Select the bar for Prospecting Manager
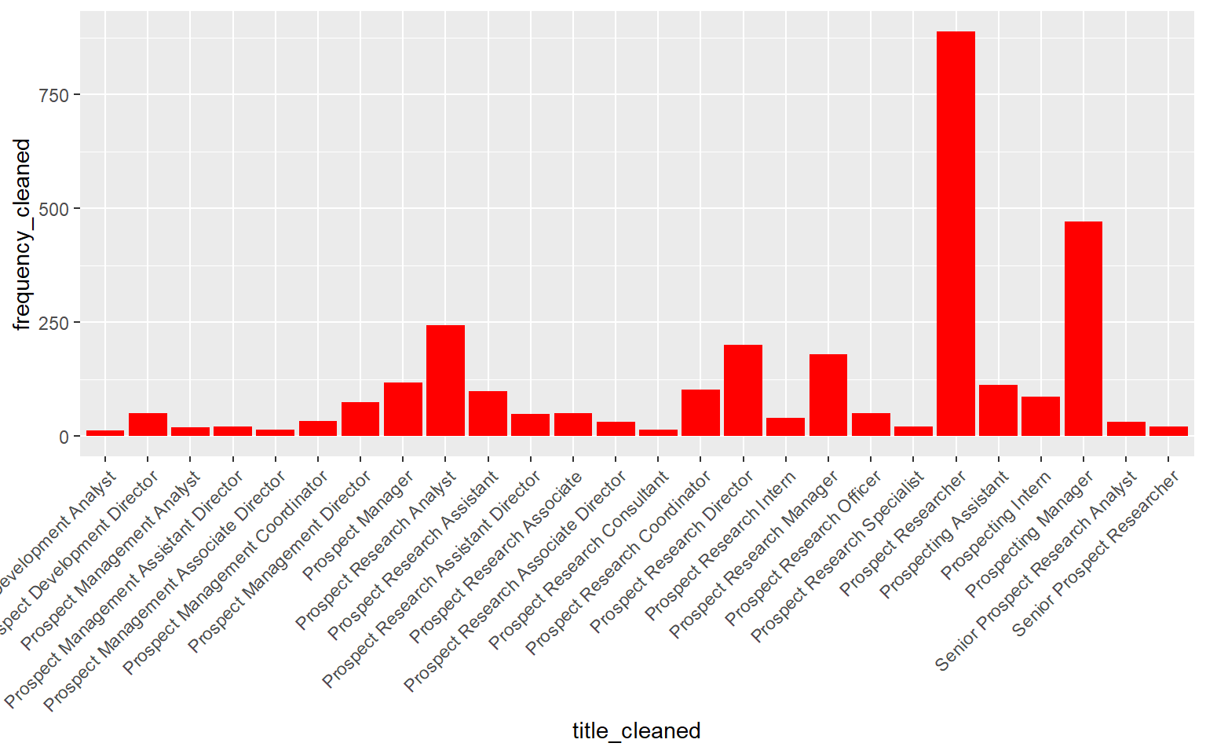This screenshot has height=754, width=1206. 1083,329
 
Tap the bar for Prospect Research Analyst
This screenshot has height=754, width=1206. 445,381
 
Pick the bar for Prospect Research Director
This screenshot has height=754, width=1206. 743,390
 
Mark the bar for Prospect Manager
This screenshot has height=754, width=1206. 403,409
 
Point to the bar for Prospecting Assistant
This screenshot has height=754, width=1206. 998,411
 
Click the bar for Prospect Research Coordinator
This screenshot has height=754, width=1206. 700,413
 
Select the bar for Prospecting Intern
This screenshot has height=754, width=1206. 1040,416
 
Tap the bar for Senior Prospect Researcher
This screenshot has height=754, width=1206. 1168,431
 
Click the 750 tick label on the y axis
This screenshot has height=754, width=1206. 54,95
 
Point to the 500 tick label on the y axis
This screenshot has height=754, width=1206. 54,209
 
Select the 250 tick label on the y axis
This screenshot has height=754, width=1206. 54,323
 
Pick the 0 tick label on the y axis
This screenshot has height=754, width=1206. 64,437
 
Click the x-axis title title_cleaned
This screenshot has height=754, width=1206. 636,731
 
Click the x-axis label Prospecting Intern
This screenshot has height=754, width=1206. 996,525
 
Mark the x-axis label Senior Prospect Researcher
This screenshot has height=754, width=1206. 1096,554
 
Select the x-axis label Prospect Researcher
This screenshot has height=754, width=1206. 903,535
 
